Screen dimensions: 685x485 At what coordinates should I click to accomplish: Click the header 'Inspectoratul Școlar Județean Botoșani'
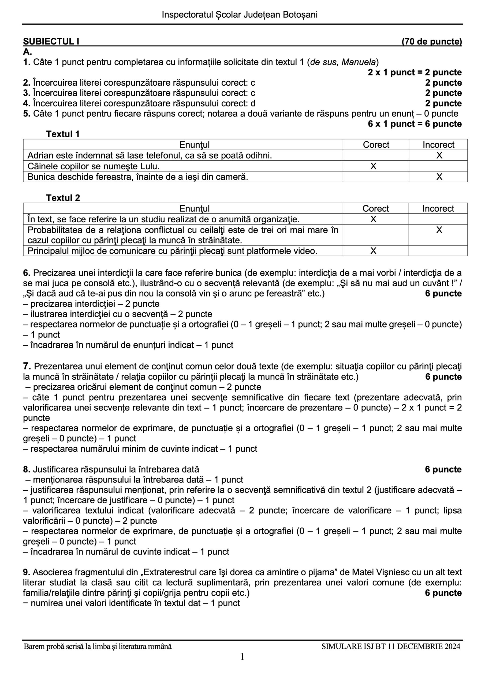click(239, 15)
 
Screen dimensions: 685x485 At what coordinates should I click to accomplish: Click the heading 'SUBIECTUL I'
click(51, 41)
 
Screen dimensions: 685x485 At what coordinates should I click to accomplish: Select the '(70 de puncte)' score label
click(431, 41)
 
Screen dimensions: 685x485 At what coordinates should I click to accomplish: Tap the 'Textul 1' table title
click(63, 134)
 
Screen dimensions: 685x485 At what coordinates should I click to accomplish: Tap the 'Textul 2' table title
click(63, 198)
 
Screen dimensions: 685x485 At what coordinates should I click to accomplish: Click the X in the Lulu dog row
click(373, 166)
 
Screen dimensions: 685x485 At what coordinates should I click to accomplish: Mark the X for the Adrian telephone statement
click(439, 155)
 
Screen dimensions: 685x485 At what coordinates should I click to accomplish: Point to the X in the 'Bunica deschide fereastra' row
click(439, 177)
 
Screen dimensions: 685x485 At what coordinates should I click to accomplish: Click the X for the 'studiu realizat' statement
click(373, 219)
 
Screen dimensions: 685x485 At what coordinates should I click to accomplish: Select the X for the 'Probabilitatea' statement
click(439, 230)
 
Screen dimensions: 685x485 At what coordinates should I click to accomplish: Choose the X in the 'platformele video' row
click(373, 251)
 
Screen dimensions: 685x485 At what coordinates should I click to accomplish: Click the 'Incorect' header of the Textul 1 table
click(438, 145)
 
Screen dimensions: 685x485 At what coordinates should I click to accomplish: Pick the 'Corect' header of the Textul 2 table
click(376, 208)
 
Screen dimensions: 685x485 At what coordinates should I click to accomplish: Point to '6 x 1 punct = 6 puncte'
click(415, 124)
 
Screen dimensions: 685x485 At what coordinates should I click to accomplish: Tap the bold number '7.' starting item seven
click(27, 366)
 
